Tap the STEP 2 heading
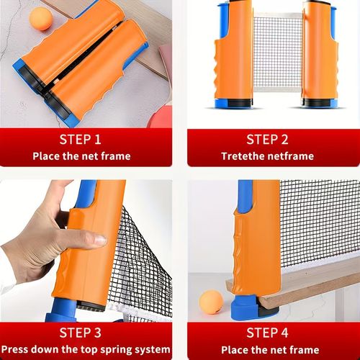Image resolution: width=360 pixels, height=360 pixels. [267, 139]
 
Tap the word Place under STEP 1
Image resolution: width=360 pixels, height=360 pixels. [48, 156]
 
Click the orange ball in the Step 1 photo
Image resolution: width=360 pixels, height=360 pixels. [40, 17]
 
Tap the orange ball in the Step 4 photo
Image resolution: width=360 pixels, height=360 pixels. [212, 302]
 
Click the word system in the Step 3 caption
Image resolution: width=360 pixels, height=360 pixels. [148, 349]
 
